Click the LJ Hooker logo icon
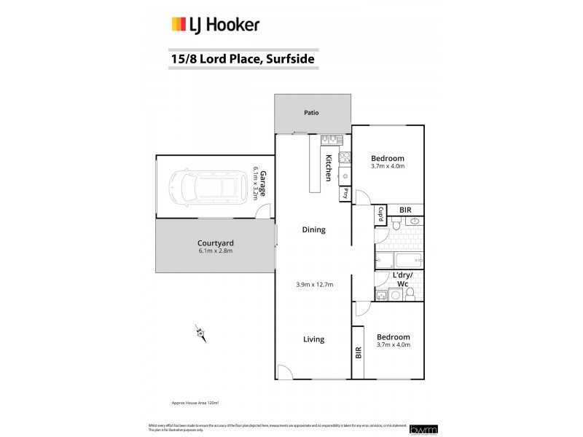pos(179,25)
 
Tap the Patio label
pos(313,113)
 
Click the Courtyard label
pos(214,243)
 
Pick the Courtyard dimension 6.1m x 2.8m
pos(214,252)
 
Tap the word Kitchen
pos(329,168)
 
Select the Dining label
pos(313,230)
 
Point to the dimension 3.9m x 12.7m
pos(314,284)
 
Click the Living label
pos(313,339)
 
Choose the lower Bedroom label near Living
pos(393,336)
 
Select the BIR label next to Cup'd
pos(405,210)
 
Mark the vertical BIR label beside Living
pos(358,353)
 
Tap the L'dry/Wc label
pos(402,279)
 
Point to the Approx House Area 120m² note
pos(195,402)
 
